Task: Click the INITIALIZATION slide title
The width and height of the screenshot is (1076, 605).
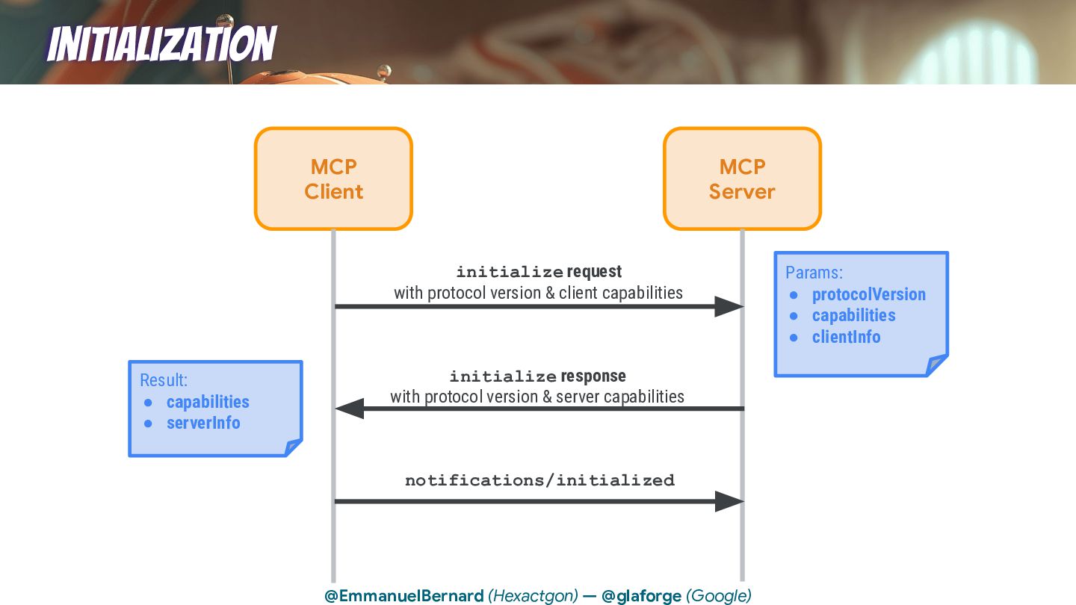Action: point(161,43)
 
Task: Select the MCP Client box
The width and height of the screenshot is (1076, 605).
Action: point(333,179)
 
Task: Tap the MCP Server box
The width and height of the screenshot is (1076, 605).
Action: point(742,179)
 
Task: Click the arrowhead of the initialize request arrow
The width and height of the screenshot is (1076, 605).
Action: point(729,306)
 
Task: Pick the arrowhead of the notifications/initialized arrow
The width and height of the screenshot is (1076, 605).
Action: point(729,501)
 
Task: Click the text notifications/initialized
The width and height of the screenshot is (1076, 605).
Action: point(539,480)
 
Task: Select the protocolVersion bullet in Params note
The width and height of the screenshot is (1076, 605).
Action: point(868,294)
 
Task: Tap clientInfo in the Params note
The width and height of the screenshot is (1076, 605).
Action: point(846,337)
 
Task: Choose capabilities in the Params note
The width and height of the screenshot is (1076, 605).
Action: point(853,315)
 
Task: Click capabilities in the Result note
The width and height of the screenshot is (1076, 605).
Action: point(208,402)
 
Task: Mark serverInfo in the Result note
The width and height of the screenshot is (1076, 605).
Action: point(203,423)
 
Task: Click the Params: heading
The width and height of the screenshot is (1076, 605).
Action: point(814,273)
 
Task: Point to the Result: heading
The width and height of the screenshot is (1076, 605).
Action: point(164,380)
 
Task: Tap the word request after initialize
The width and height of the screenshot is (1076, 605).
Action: point(594,271)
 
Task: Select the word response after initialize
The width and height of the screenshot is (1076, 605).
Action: point(593,376)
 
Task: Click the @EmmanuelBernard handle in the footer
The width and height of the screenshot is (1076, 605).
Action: point(404,596)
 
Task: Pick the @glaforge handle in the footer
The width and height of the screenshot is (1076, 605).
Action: point(641,596)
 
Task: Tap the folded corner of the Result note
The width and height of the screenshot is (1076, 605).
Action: point(292,447)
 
